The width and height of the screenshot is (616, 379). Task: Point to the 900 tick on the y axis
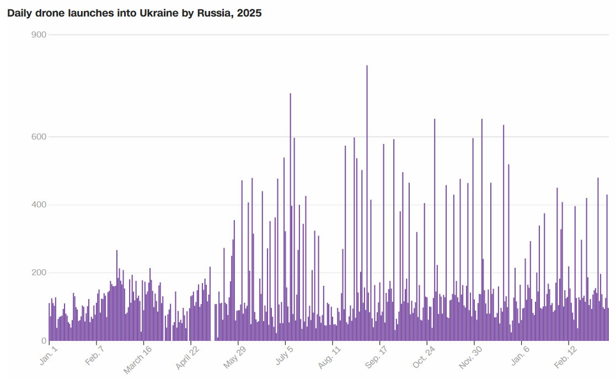[39, 35]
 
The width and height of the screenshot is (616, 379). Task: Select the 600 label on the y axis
[39, 137]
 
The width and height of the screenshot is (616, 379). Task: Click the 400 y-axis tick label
[39, 205]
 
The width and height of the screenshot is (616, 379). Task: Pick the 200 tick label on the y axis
[39, 273]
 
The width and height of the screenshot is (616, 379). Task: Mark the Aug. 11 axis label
[329, 358]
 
